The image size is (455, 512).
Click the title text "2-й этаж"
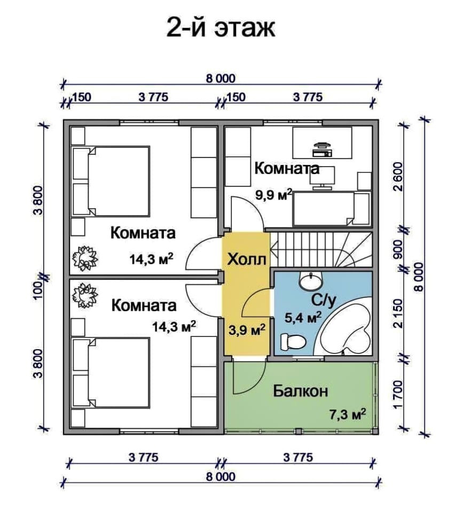pyautogui.click(x=221, y=28)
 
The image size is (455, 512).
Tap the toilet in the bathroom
pyautogui.click(x=293, y=342)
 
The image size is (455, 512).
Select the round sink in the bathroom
pyautogui.click(x=311, y=280)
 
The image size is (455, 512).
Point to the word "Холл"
pyautogui.click(x=246, y=259)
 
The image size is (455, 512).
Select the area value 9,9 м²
pyautogui.click(x=273, y=195)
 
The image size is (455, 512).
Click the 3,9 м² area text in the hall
pyautogui.click(x=247, y=330)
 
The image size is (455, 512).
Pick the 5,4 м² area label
pyautogui.click(x=303, y=317)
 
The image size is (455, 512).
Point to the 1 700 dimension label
pyautogui.click(x=399, y=394)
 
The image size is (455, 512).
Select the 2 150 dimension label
pyautogui.click(x=399, y=313)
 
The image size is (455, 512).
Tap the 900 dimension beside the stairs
pyautogui.click(x=399, y=249)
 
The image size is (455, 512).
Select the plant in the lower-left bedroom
pyautogui.click(x=84, y=296)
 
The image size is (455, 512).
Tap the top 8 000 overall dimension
pyautogui.click(x=221, y=78)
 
